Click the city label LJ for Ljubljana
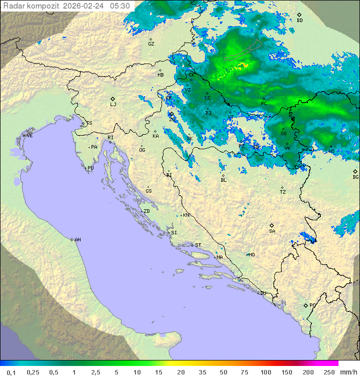click(x=113, y=105)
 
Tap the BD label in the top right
click(x=299, y=21)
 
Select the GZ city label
click(x=151, y=44)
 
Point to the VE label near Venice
click(x=29, y=136)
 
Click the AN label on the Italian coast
click(x=77, y=240)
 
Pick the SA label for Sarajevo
click(x=272, y=231)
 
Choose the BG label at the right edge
click(x=355, y=177)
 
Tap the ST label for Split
click(x=197, y=245)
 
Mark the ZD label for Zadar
click(x=146, y=211)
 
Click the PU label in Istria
click(x=90, y=168)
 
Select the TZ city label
click(x=283, y=192)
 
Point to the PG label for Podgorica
click(x=312, y=305)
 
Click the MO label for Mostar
click(x=251, y=255)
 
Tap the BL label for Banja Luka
click(x=223, y=180)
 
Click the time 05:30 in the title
click(x=120, y=6)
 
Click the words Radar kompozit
click(x=31, y=6)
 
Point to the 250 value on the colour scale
click(x=329, y=372)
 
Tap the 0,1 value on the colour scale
click(x=11, y=372)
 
